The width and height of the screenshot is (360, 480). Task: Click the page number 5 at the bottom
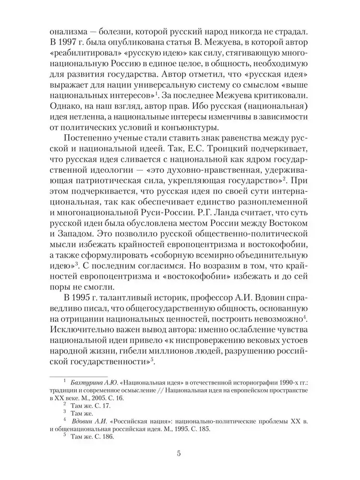(x=179, y=453)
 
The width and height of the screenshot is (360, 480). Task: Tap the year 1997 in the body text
(x=68, y=39)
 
